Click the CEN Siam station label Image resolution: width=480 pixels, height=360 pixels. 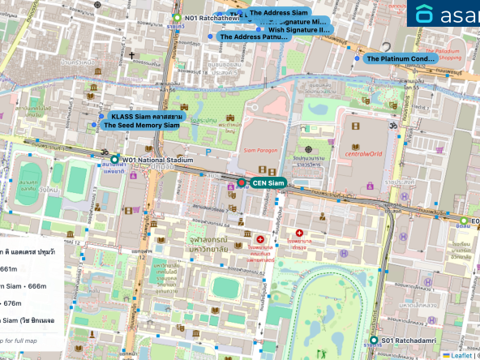pos(268,183)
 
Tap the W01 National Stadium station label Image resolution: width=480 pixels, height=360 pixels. pos(158,161)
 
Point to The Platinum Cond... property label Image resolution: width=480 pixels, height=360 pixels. pos(401,58)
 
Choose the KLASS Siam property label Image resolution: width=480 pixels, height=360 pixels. pos(147,117)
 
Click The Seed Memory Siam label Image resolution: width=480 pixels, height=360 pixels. pos(141,126)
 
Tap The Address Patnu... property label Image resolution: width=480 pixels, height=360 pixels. pos(254,36)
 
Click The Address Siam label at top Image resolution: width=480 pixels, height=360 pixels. pos(278,13)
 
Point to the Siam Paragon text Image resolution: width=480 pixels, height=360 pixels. pos(260,151)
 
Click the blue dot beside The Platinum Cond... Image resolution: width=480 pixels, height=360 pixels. pos(357,58)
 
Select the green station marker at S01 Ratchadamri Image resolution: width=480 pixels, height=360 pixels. pos(374,341)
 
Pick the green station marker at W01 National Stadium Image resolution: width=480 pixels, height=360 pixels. pos(115,160)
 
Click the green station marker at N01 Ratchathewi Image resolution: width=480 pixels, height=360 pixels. pos(177,18)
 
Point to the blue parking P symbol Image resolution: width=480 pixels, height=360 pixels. pos(208,151)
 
